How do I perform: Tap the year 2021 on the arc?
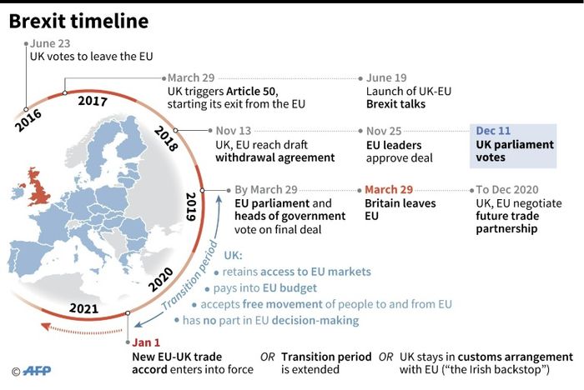coord(83,308)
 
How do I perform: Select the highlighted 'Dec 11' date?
coord(494,131)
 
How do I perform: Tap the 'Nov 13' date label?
coord(234,131)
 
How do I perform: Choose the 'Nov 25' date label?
coord(385,131)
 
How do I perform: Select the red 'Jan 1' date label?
coord(145,342)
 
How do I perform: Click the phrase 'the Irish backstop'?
coord(514,369)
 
